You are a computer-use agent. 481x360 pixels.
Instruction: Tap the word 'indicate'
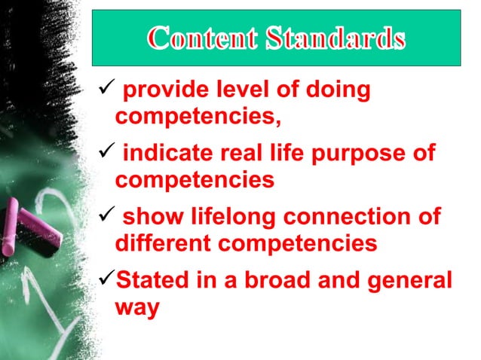click(x=164, y=154)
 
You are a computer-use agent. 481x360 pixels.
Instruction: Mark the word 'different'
click(x=159, y=244)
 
